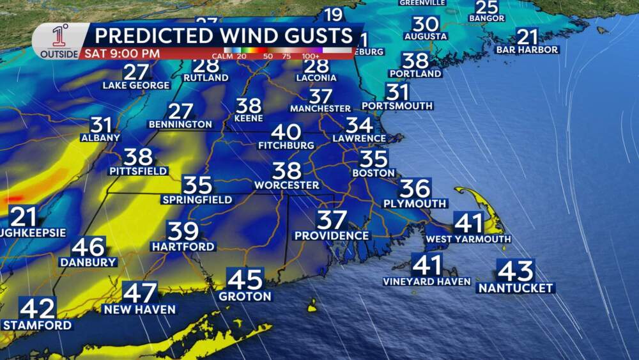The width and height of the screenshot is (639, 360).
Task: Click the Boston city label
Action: pyautogui.click(x=374, y=173)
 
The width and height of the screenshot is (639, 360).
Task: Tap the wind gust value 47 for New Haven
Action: pyautogui.click(x=140, y=293)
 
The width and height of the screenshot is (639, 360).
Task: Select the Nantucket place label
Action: pyautogui.click(x=515, y=288)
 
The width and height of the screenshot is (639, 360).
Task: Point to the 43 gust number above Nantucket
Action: pyautogui.click(x=515, y=272)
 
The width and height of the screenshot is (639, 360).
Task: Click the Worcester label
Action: pyautogui.click(x=286, y=185)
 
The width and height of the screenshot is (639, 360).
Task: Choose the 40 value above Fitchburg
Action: pyautogui.click(x=286, y=132)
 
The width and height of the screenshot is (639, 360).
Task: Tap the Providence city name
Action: pyautogui.click(x=332, y=236)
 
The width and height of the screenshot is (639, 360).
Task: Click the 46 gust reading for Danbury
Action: pyautogui.click(x=88, y=247)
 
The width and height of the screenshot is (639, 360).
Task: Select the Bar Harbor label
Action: pyautogui.click(x=528, y=50)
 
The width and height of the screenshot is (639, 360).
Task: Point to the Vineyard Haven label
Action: pyautogui.click(x=427, y=281)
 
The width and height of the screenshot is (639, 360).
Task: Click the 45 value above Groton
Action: pyautogui.click(x=245, y=279)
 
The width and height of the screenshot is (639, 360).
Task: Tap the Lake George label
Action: pyautogui.click(x=136, y=86)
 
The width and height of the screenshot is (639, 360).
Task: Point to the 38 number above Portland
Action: pyautogui.click(x=415, y=61)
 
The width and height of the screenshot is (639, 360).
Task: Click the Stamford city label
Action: pyautogui.click(x=37, y=325)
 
